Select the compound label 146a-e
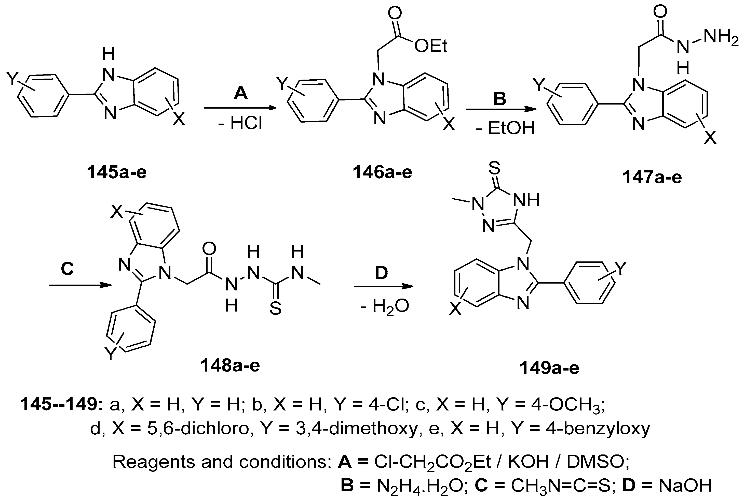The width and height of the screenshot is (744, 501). (x=382, y=172)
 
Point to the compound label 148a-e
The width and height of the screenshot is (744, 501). (x=230, y=365)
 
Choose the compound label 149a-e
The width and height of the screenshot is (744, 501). (x=549, y=368)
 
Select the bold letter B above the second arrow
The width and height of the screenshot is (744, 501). (x=499, y=99)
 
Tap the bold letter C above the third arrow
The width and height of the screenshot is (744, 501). (x=67, y=268)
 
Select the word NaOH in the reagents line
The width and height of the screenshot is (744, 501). (x=685, y=485)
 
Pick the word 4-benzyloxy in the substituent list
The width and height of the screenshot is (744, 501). (x=598, y=429)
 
